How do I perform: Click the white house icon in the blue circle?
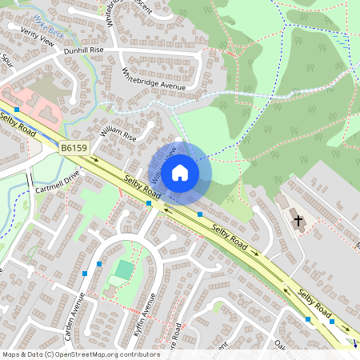(180, 172)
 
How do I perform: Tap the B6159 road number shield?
(74, 148)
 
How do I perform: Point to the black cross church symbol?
(298, 219)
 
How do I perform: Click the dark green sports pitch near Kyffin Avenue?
(123, 270)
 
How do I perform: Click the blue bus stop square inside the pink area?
(16, 109)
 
